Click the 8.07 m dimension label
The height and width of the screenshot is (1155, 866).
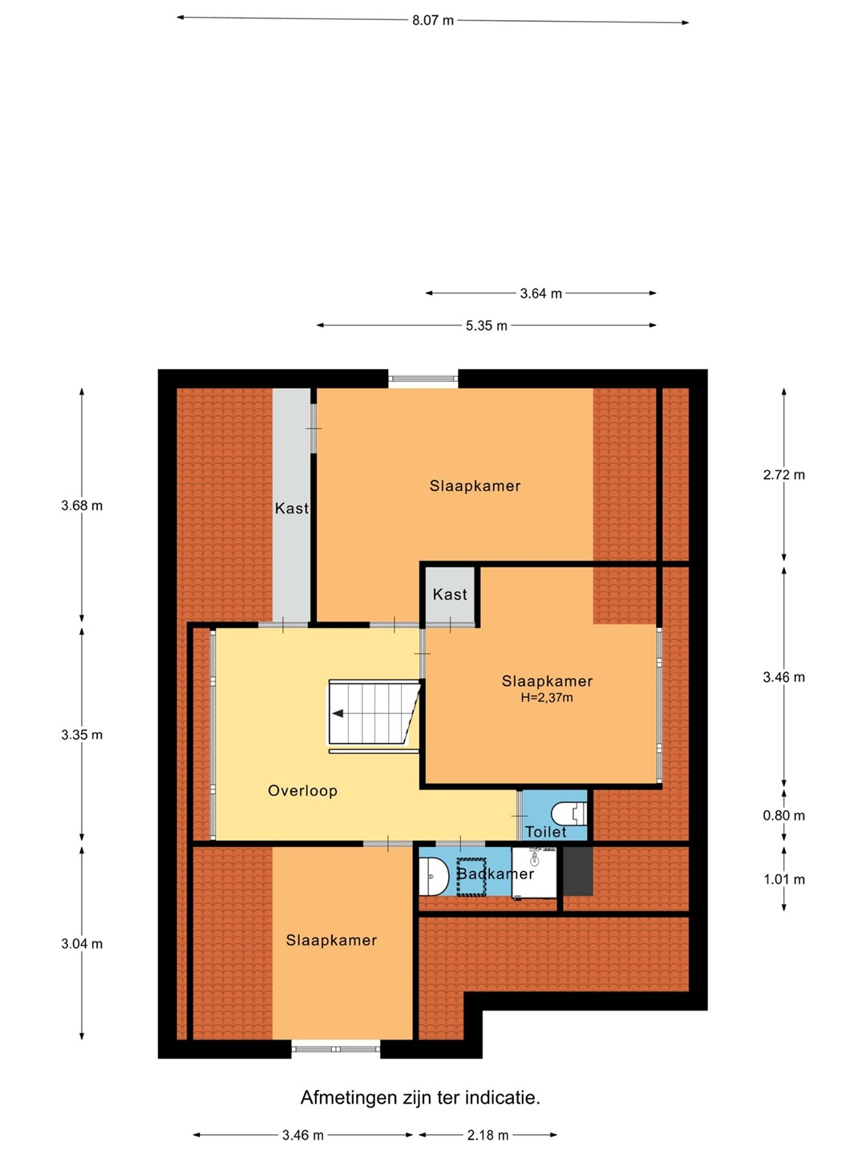[x=432, y=21]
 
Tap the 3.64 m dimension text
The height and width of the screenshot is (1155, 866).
[x=540, y=294]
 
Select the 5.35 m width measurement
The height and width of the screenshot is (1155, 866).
[x=487, y=326]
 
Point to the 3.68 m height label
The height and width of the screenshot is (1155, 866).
[x=82, y=505]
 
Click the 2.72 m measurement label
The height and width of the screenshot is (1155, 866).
[x=783, y=475]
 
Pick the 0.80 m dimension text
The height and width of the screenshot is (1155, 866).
[x=783, y=816]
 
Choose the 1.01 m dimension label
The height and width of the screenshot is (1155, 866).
[x=784, y=879]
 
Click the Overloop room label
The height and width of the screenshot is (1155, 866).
[x=302, y=790]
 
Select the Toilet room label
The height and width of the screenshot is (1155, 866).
[x=546, y=832]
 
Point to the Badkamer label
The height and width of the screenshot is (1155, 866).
[x=496, y=874]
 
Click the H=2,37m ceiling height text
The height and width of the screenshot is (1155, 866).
[x=547, y=699]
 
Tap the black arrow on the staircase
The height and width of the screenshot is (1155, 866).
[x=337, y=714]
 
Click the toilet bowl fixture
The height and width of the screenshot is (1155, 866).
[x=569, y=813]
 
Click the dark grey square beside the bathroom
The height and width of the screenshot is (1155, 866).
[x=578, y=871]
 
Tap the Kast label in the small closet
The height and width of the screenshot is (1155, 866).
[x=450, y=594]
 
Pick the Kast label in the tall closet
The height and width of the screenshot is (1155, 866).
[x=291, y=509]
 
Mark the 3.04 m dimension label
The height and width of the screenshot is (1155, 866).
[x=82, y=944]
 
